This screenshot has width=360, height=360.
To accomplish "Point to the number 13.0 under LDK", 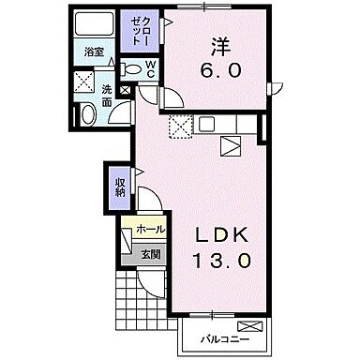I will pyautogui.click(x=222, y=262).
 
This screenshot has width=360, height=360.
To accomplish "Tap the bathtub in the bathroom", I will pyautogui.click(x=93, y=25).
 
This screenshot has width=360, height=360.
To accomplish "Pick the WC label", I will pyautogui.click(x=150, y=68).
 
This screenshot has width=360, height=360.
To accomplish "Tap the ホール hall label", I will pyautogui.click(x=150, y=228).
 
